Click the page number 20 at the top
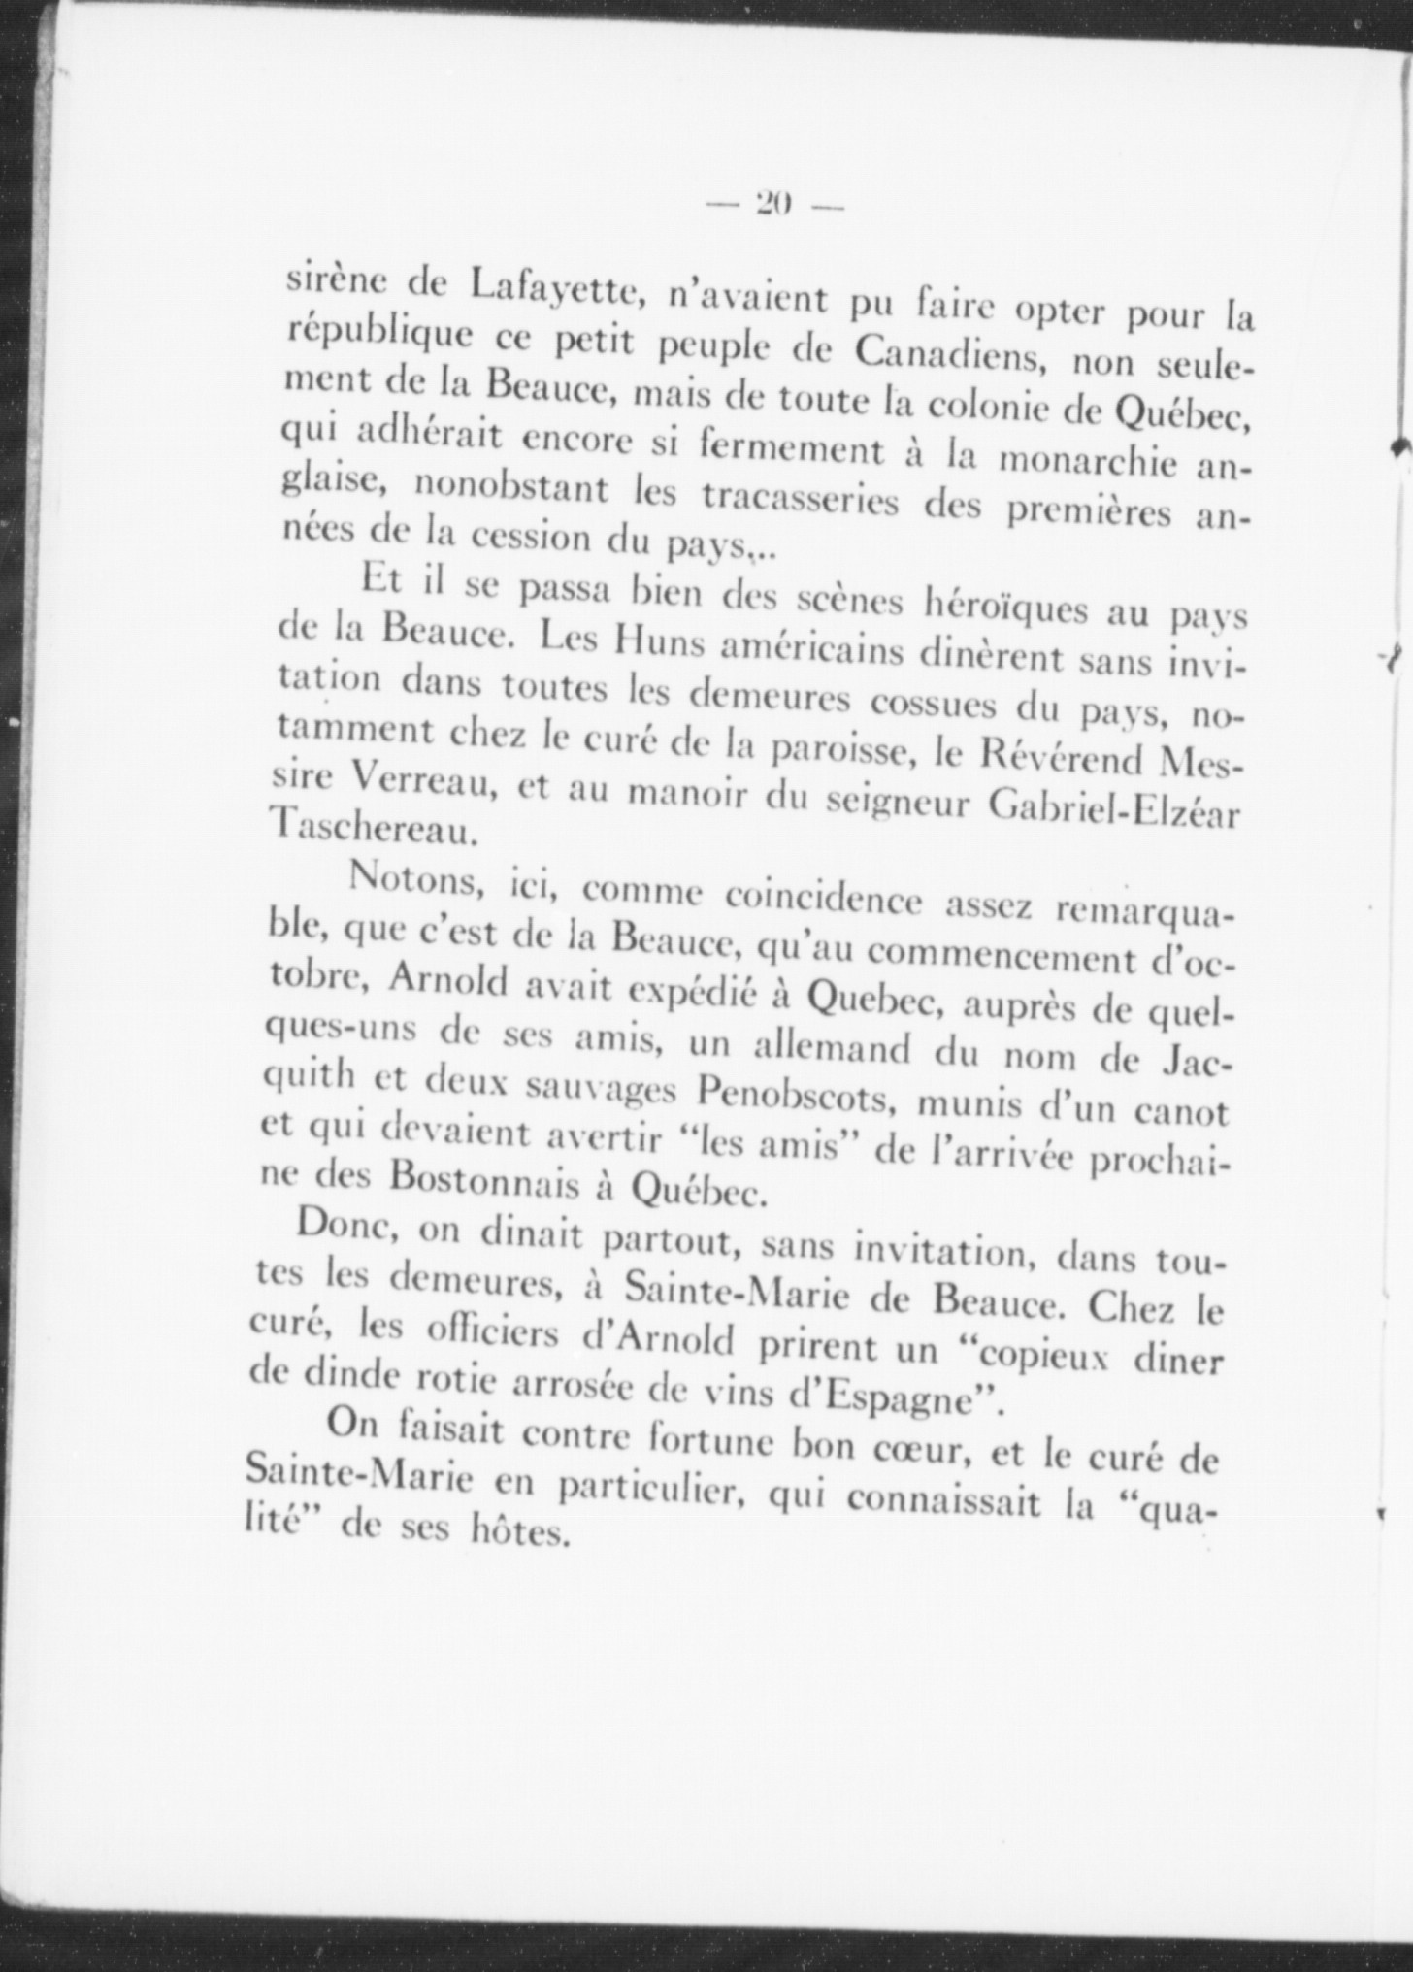click(x=772, y=204)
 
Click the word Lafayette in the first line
click(x=553, y=286)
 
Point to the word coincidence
click(x=823, y=900)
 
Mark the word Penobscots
click(x=797, y=1097)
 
